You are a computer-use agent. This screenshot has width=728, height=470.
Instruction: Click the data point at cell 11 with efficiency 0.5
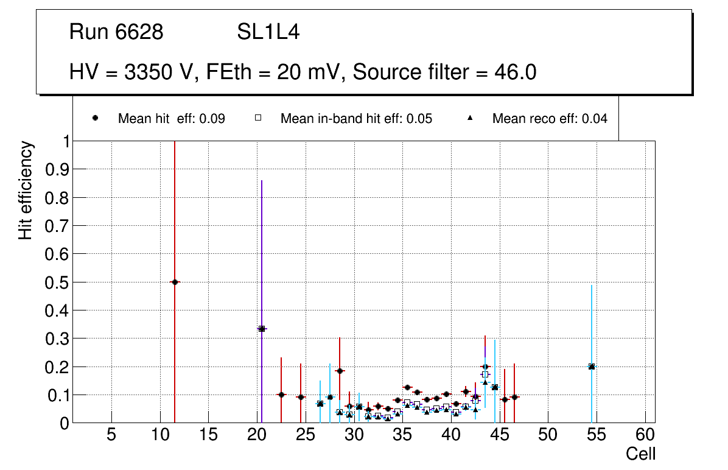click(x=175, y=282)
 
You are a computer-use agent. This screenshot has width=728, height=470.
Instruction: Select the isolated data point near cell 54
click(x=592, y=367)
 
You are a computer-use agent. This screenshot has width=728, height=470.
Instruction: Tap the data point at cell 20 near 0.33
click(x=262, y=329)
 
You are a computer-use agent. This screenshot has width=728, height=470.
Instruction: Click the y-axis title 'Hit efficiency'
click(x=26, y=191)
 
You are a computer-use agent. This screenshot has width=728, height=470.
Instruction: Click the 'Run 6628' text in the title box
click(x=116, y=32)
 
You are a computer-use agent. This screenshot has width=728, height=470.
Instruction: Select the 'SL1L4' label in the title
click(x=268, y=32)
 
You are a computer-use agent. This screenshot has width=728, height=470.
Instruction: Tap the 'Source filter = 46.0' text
click(x=444, y=72)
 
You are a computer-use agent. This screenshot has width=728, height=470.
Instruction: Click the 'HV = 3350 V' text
click(x=133, y=72)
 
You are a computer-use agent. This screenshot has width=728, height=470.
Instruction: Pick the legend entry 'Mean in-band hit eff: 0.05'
click(x=356, y=119)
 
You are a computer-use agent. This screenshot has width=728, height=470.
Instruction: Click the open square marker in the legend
click(x=258, y=118)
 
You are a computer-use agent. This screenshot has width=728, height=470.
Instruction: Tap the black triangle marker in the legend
click(x=470, y=118)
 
